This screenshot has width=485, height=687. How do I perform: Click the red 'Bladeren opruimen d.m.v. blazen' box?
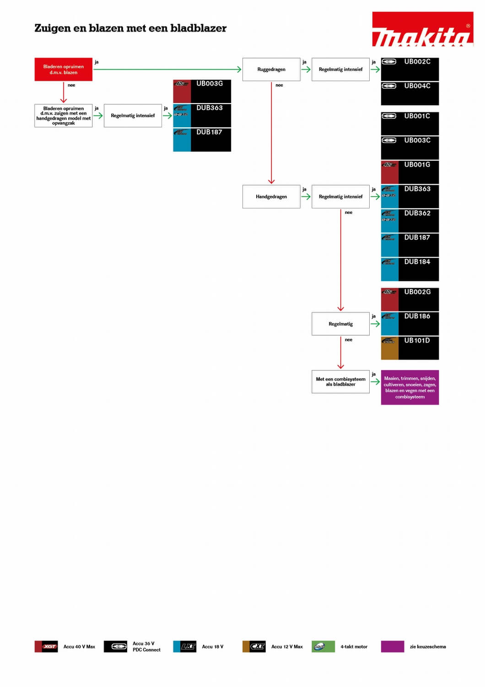tap(64, 70)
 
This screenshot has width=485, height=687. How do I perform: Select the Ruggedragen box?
tap(271, 70)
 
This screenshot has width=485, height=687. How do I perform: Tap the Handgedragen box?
tap(271, 196)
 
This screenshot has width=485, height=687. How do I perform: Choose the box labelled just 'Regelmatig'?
tap(340, 324)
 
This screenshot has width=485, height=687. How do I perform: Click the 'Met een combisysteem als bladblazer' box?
tap(340, 382)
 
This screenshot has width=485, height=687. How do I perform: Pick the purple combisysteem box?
tap(410, 387)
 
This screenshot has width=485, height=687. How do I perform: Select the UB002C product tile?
tap(410, 69)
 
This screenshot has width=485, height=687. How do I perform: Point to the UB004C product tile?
tap(410, 93)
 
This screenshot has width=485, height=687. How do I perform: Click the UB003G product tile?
tap(202, 91)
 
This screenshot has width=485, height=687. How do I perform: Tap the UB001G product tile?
tap(410, 172)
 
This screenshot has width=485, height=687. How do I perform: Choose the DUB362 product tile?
tap(410, 221)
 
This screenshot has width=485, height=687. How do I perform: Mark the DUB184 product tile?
tap(410, 269)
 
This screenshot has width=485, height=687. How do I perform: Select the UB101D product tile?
tap(410, 348)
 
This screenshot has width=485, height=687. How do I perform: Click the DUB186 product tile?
tap(410, 324)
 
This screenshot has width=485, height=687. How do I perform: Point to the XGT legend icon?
tap(46, 646)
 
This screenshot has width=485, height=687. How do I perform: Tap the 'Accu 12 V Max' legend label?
tap(287, 647)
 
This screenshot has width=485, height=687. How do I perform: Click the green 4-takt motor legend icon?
tap(323, 646)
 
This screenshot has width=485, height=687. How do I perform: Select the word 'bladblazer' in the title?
tap(198, 28)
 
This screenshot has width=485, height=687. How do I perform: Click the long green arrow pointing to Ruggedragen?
tap(167, 70)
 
